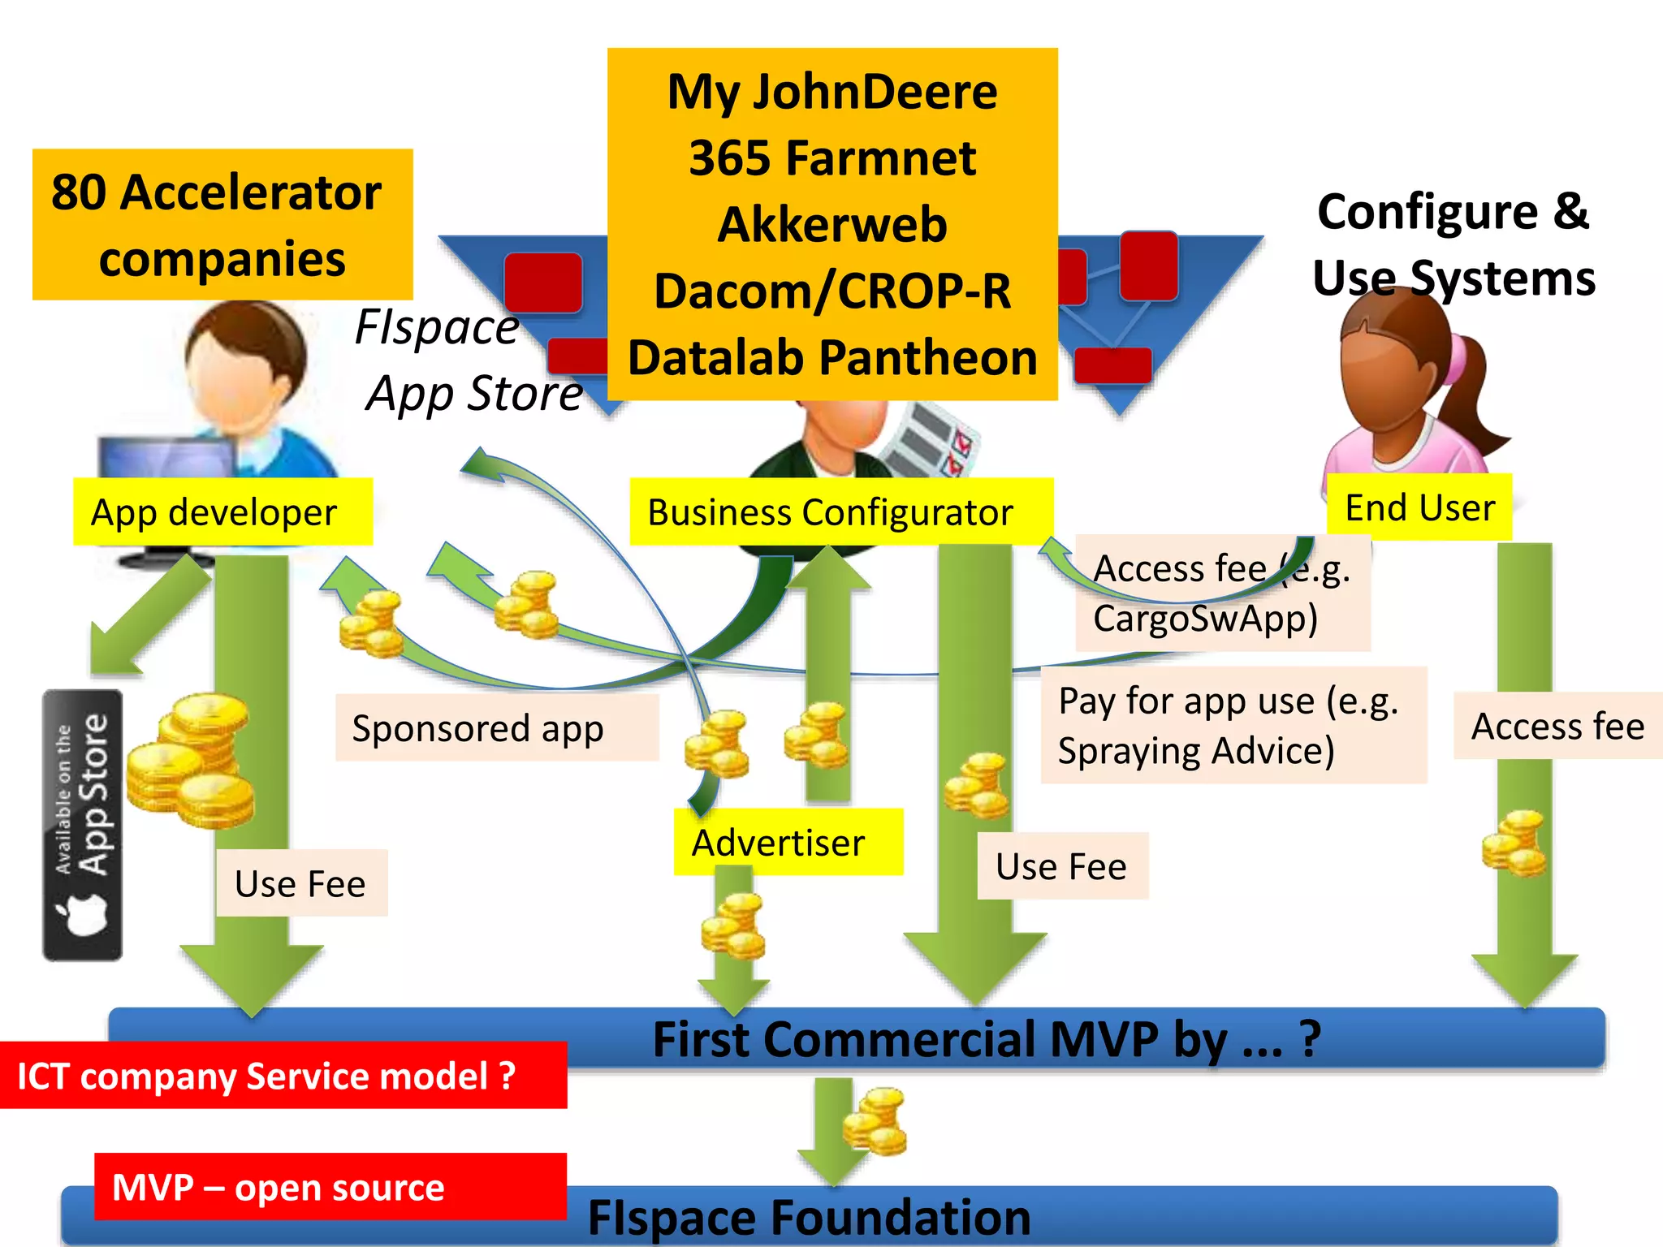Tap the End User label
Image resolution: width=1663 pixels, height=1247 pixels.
(1419, 507)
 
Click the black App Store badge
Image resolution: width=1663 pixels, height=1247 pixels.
(83, 824)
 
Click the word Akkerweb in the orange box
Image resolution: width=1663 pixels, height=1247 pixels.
(832, 224)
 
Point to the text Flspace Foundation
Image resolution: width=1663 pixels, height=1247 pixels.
(809, 1217)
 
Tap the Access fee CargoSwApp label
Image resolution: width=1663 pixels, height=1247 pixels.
(1222, 593)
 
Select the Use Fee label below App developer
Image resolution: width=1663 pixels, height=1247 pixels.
(301, 883)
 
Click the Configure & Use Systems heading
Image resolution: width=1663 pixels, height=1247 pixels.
(1453, 244)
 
